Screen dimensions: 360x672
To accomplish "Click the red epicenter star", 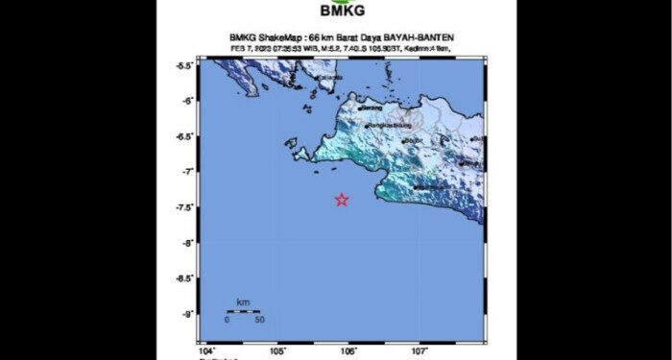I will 342,200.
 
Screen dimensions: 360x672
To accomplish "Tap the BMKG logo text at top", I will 335,13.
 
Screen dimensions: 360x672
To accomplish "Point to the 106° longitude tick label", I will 348,352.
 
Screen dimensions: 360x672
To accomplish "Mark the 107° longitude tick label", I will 420,352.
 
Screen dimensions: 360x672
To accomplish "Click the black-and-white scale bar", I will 243,311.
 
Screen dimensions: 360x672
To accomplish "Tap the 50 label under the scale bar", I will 259,320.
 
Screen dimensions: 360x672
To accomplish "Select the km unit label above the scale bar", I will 243,302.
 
